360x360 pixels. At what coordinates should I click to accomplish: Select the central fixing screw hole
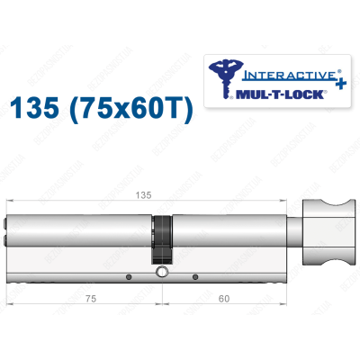[x=161, y=273]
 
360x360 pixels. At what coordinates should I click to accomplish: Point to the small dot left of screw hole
[x=130, y=276]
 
